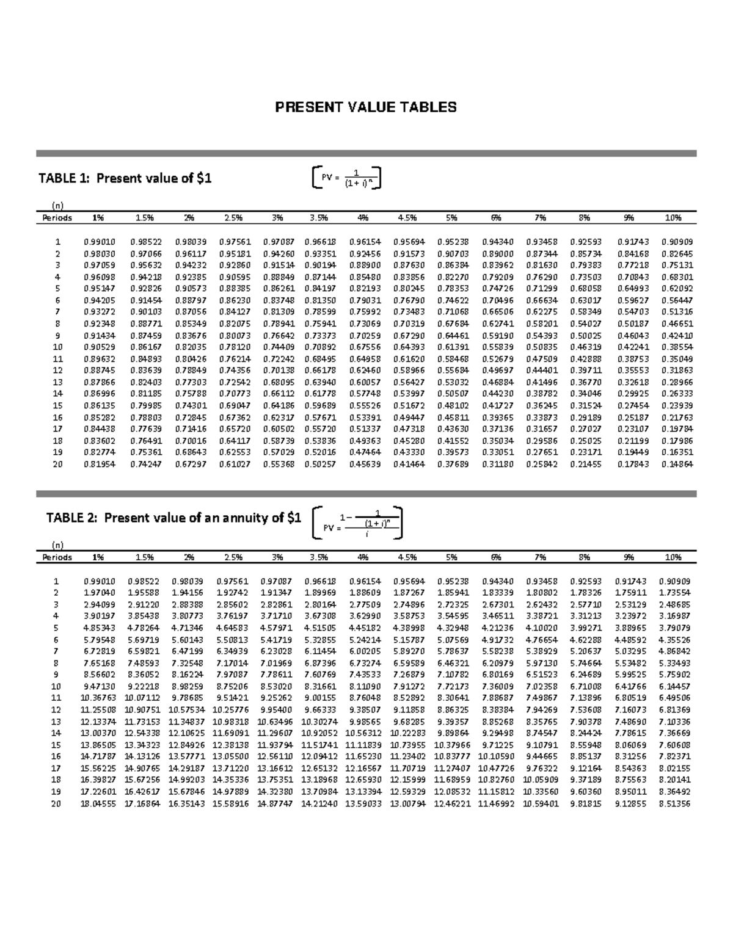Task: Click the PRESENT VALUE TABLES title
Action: coord(365,108)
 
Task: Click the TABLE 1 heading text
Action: coord(125,178)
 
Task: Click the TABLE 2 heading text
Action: coord(173,518)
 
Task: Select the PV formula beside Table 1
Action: coord(346,178)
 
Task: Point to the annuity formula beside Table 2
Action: coord(357,523)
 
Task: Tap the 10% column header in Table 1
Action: coord(673,217)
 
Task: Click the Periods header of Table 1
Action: coord(57,217)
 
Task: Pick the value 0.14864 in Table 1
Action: coord(677,465)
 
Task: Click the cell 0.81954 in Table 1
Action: coord(99,465)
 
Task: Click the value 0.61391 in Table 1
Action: coord(453,347)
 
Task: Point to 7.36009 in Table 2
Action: coord(497,686)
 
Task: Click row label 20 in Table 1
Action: coord(57,465)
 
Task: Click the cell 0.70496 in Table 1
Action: coord(497,300)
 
